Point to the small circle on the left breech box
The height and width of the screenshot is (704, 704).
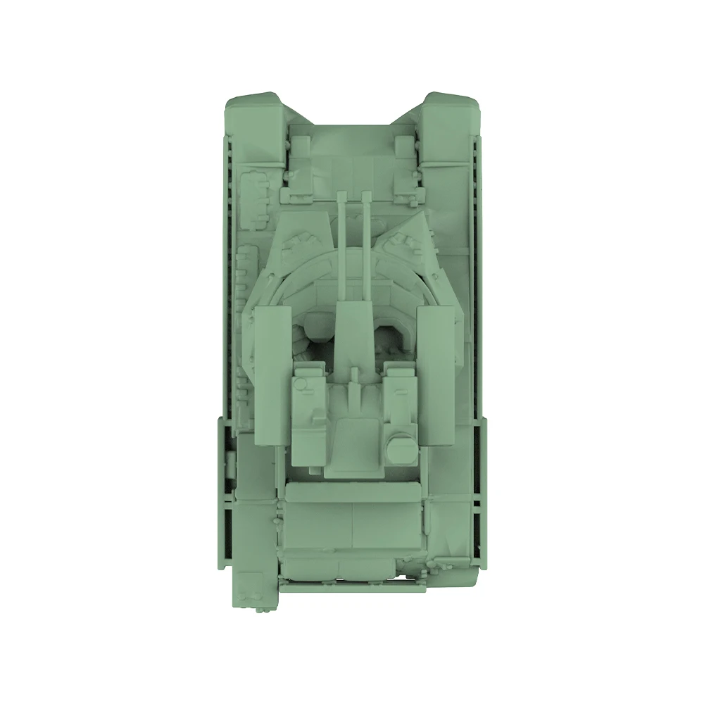click(x=301, y=384)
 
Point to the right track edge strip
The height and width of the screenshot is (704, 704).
click(x=481, y=282)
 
